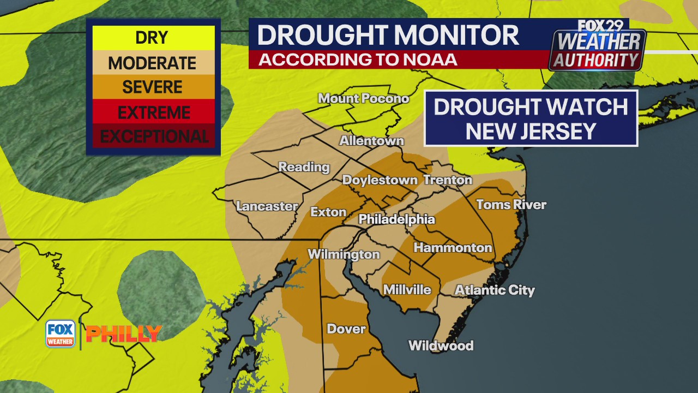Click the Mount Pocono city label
(x=363, y=98)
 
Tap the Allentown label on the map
(x=371, y=140)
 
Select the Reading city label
(x=304, y=167)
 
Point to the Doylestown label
(x=380, y=180)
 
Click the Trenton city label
(x=448, y=180)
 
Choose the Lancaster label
(x=267, y=206)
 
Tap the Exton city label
(x=328, y=212)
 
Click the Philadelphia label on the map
(x=396, y=219)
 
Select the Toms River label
(x=511, y=205)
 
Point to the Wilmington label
(x=344, y=254)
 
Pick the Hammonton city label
(x=453, y=248)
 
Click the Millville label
(x=407, y=290)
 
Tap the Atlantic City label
(x=495, y=290)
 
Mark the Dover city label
(x=346, y=329)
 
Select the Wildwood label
(x=441, y=346)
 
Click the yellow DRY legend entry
(x=152, y=38)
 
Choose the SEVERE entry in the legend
(x=152, y=87)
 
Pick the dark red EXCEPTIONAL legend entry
(x=154, y=136)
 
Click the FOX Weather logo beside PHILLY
(x=60, y=334)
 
